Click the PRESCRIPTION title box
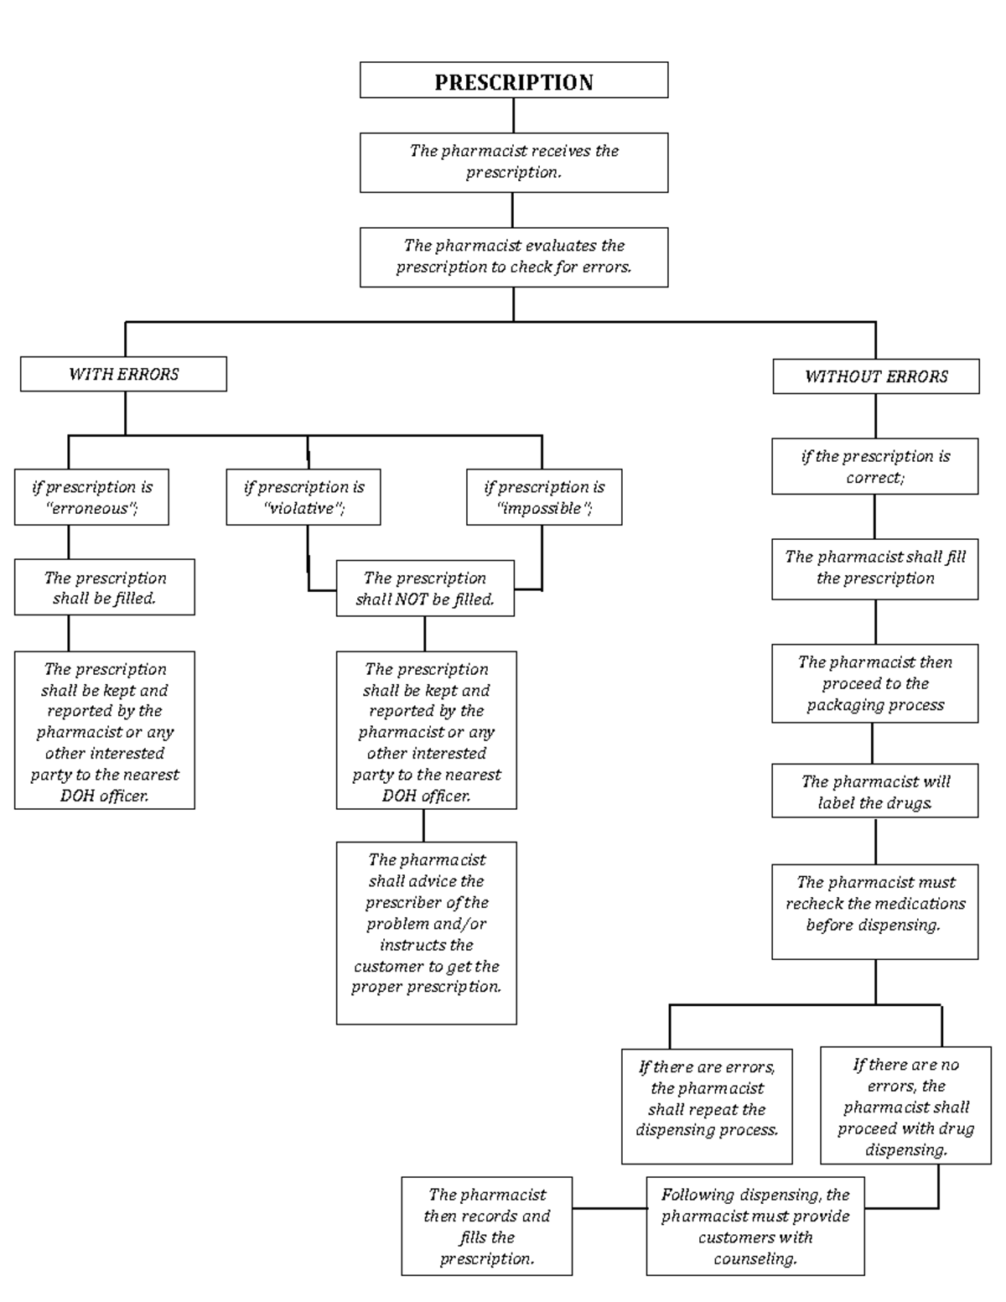514,80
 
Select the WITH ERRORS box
123,374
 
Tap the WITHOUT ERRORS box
875,376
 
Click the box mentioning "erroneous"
91,497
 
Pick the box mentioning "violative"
303,497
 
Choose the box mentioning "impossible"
544,497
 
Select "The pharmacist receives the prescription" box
514,162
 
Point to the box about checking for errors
514,257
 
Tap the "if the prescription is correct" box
874,466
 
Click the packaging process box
874,683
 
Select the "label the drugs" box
874,791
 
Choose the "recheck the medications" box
874,910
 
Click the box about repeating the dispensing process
707,1105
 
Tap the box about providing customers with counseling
754,1226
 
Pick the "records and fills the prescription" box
486,1226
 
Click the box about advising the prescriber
426,932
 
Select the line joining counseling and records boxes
609,1209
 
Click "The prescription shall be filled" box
104,587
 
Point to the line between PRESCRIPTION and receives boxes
514,115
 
